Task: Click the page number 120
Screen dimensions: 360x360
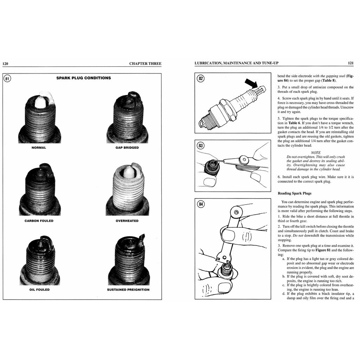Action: pos(5,64)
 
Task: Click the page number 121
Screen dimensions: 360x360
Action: pos(351,63)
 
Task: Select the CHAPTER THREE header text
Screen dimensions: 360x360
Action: pos(145,64)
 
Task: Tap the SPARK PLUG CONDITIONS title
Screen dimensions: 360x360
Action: pos(84,78)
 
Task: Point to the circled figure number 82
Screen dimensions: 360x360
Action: pos(200,78)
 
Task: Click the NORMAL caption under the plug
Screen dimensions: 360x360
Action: pos(39,148)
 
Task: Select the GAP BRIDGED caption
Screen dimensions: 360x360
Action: pos(127,148)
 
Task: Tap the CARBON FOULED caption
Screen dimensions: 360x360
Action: pos(39,221)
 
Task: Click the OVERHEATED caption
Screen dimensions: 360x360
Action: pos(127,221)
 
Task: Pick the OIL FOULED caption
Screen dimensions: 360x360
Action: pos(39,290)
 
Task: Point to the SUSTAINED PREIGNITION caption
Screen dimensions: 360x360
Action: pos(128,290)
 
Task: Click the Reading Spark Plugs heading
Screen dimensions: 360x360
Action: pos(294,193)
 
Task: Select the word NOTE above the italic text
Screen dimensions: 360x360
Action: pos(315,153)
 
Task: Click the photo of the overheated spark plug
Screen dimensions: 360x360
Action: pos(127,190)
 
